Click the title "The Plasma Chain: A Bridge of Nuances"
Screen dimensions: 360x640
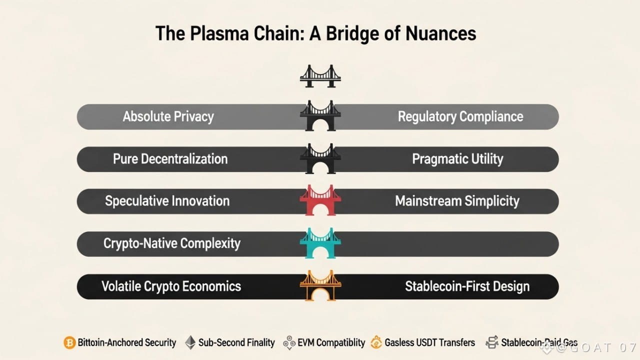[x=315, y=33]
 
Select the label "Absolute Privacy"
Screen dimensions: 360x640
[x=168, y=117]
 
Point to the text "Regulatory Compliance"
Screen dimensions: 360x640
[x=460, y=117]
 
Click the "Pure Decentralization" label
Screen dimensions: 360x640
[x=170, y=159]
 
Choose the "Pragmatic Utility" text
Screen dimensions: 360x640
[x=457, y=159]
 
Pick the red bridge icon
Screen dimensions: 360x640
[x=320, y=200]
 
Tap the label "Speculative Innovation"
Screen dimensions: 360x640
[x=167, y=201]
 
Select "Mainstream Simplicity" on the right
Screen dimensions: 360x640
[x=457, y=201]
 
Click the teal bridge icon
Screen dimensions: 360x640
[x=320, y=243]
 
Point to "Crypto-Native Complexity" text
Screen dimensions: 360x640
[x=171, y=243]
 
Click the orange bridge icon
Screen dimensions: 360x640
[x=320, y=285]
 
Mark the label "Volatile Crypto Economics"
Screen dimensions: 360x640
[x=171, y=286]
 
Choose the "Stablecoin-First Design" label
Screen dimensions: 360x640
[x=467, y=286]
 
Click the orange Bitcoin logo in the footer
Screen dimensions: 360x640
[x=69, y=343]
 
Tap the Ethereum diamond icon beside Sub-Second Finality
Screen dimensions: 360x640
[x=190, y=342]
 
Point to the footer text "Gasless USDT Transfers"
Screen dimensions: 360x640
[x=429, y=343]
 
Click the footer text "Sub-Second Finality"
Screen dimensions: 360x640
[x=236, y=343]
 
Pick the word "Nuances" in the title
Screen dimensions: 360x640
[x=439, y=33]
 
